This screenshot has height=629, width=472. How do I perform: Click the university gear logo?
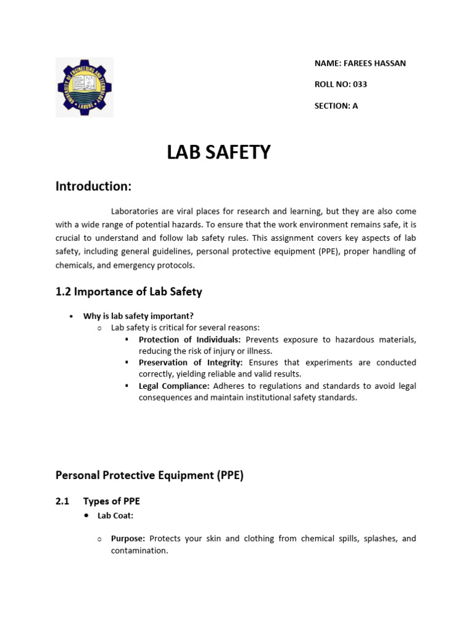[x=84, y=87]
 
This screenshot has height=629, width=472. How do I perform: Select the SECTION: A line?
[x=336, y=106]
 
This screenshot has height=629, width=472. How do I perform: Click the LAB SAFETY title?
[x=218, y=152]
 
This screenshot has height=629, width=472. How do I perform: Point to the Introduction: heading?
[x=93, y=186]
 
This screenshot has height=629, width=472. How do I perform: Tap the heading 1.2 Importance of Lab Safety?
[x=128, y=292]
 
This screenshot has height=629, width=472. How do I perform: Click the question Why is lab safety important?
[x=138, y=316]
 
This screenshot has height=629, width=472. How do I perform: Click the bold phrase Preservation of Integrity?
[x=191, y=362]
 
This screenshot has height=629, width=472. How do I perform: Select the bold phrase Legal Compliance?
[x=175, y=386]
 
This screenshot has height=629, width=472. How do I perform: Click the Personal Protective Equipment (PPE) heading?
[x=149, y=475]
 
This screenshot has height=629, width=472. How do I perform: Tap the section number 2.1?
[x=62, y=501]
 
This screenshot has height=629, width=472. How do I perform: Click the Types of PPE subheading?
[x=111, y=501]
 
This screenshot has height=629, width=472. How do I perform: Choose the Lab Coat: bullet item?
[x=116, y=515]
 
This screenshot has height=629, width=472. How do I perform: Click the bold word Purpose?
[x=128, y=538]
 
